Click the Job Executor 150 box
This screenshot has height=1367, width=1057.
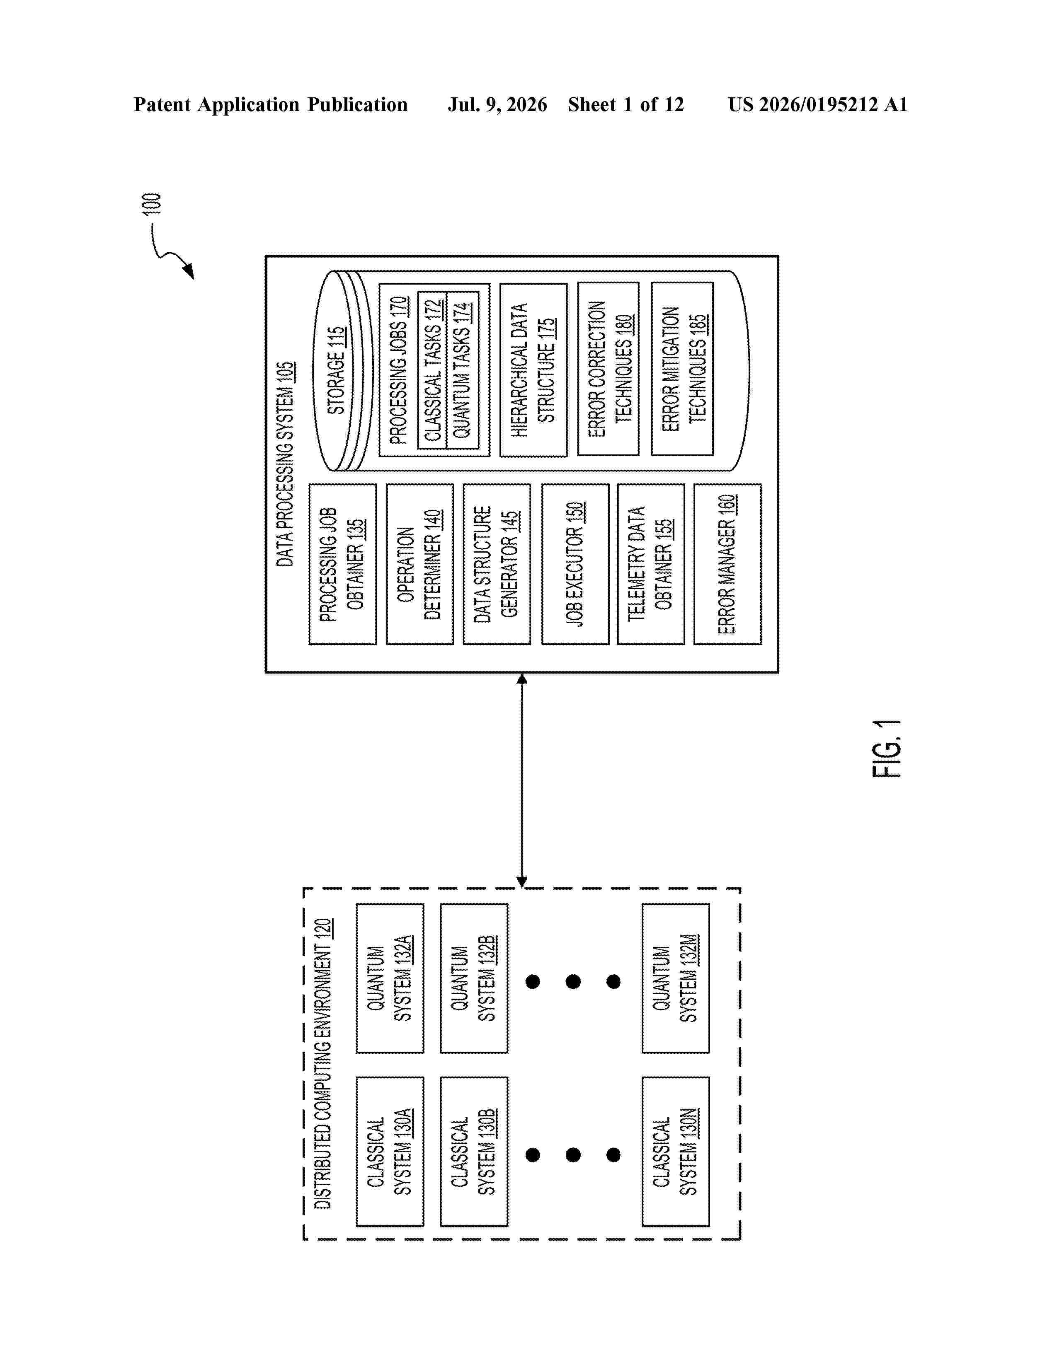tap(575, 564)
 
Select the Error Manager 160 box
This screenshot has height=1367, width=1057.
tap(727, 564)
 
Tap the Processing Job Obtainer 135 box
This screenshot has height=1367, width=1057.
tap(342, 564)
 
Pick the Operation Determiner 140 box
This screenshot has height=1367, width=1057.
tap(419, 564)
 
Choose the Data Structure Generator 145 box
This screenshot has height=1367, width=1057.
tap(497, 564)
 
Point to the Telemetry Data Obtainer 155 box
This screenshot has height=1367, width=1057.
tap(651, 564)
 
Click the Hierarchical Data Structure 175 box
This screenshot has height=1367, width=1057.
tap(533, 370)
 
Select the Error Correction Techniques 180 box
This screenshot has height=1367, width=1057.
tap(608, 369)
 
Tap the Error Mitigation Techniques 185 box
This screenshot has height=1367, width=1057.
tap(682, 369)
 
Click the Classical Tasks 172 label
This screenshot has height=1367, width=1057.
tap(433, 371)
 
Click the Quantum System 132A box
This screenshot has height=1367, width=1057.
tap(390, 978)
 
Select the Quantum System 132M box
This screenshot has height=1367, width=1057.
tap(676, 978)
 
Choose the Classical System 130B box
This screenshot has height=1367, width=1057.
tap(474, 1152)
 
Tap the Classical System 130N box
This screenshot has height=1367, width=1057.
tap(676, 1152)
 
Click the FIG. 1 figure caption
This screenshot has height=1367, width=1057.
tap(887, 749)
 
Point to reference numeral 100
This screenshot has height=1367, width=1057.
tap(152, 204)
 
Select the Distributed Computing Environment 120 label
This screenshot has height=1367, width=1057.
tap(322, 1063)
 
